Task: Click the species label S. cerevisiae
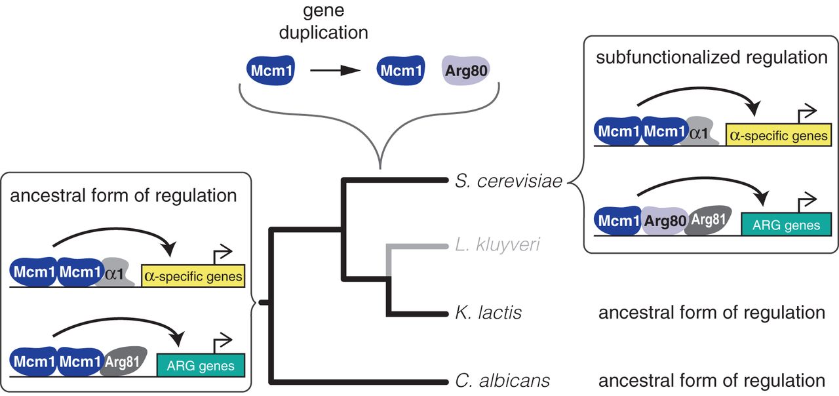[509, 181]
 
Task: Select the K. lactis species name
[488, 313]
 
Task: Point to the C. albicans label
[502, 380]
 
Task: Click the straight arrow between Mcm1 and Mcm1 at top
[336, 71]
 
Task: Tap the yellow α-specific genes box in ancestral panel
[193, 277]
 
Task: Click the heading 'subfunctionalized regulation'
[711, 57]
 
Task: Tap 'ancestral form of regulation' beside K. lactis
[711, 313]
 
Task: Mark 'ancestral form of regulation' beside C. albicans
[711, 380]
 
